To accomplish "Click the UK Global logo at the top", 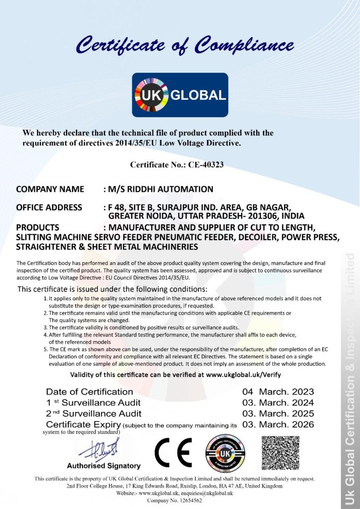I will pos(180,94).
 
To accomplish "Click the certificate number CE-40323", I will pos(205,165).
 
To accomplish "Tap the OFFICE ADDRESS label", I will pos(49,207).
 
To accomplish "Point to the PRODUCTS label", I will pos(38,227).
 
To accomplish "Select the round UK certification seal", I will pos(225,453).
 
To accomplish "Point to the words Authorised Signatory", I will pos(103,466).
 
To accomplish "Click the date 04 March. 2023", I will pos(278,392).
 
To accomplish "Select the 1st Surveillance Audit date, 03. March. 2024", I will pos(278,403).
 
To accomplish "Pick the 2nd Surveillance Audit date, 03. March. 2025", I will pos(278,414).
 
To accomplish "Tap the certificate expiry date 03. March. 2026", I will pos(278,424).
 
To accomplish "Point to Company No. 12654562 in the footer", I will pos(175,501).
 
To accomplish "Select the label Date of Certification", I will pos(90,392).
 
